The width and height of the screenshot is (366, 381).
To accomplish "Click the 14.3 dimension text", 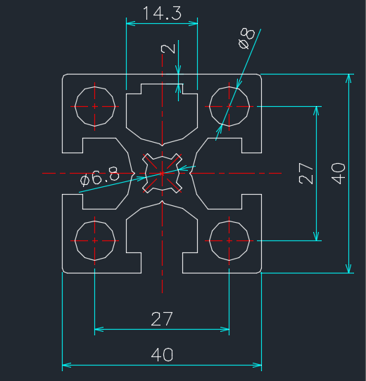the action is pyautogui.click(x=162, y=13).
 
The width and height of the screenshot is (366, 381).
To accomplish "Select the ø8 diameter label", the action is pyautogui.click(x=247, y=39).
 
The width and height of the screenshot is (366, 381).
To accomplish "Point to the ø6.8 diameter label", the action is pyautogui.click(x=100, y=176).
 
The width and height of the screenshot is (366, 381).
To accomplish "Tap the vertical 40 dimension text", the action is pyautogui.click(x=339, y=174).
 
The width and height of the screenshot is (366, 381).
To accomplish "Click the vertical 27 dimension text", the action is pyautogui.click(x=305, y=174).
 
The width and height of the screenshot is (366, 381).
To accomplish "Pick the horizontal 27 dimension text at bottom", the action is pyautogui.click(x=162, y=319).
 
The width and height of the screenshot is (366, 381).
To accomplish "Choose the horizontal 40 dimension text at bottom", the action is pyautogui.click(x=162, y=355).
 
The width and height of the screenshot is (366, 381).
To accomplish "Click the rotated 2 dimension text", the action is pyautogui.click(x=168, y=49).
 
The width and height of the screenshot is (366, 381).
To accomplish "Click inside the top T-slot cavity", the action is pyautogui.click(x=162, y=114).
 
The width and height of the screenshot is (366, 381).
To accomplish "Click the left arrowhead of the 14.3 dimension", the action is pyautogui.click(x=131, y=24).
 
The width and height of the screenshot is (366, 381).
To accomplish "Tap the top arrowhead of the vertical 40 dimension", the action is pyautogui.click(x=349, y=78).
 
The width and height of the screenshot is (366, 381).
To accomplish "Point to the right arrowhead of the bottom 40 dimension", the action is pyautogui.click(x=257, y=366).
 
